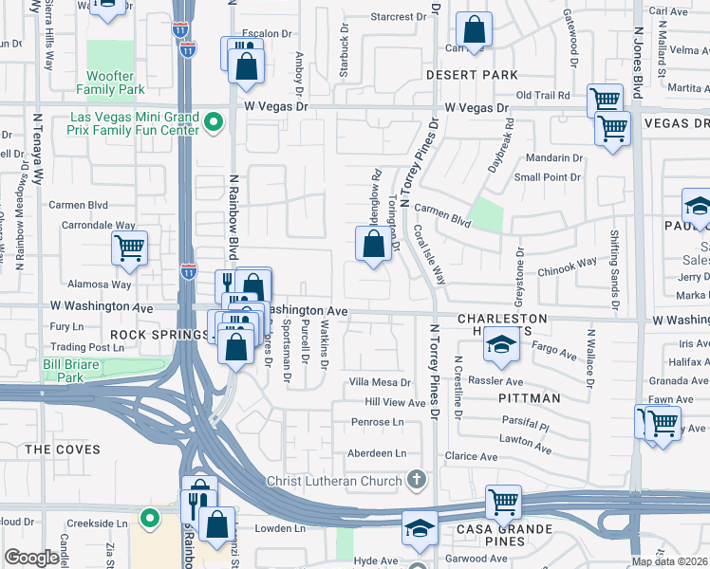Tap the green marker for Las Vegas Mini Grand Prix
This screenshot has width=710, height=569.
point(215,122)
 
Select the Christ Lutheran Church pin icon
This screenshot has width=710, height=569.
point(416,480)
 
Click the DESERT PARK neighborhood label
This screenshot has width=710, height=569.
point(472,75)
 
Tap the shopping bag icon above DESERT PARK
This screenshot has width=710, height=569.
point(474,30)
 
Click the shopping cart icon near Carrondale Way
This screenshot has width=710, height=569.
point(129,249)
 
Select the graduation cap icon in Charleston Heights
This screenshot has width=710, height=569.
point(502,346)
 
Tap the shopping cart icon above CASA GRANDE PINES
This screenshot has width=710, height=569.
point(503,502)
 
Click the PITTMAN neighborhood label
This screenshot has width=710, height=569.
point(530,398)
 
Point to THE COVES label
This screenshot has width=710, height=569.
point(55,449)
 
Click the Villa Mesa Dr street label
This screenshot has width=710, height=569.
point(380,382)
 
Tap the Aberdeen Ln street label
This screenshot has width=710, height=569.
point(379,453)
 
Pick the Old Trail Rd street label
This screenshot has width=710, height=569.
point(542,95)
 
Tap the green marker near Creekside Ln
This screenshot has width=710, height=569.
point(149,518)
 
